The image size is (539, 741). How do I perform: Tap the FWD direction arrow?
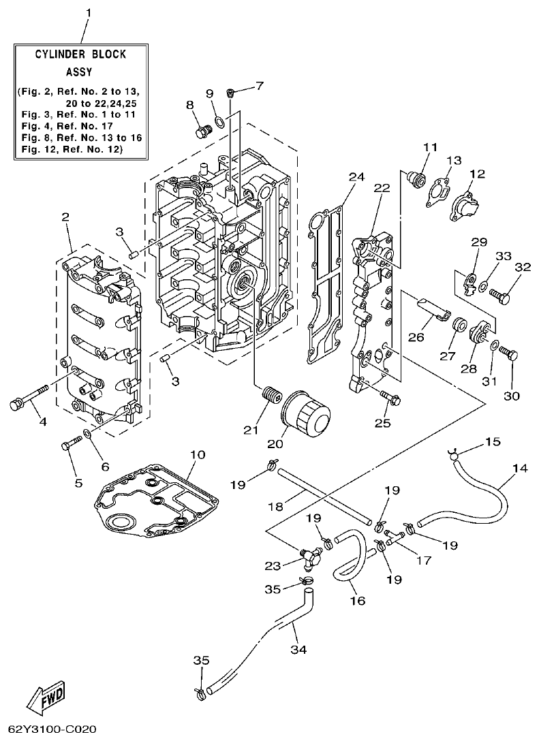(46, 696)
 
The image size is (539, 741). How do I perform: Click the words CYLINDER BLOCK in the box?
(81, 54)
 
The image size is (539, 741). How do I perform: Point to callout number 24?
(353, 177)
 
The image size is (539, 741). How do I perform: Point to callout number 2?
(65, 217)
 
